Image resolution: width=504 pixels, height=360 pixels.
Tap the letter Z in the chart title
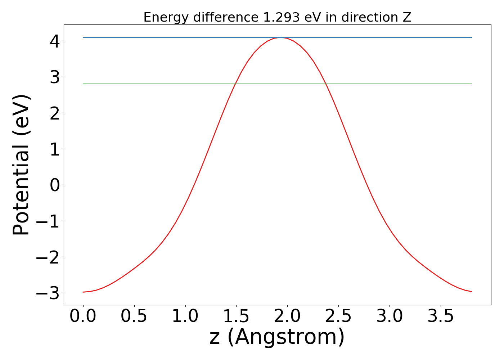coord(407,17)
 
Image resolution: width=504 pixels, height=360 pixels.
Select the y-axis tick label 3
coord(55,77)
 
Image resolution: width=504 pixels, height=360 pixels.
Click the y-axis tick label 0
coord(55,185)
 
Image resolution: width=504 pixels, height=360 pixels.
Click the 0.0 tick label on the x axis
coord(83,316)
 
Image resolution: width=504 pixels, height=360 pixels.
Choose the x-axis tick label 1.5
coord(236,316)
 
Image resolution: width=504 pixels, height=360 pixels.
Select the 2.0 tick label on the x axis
coord(287,316)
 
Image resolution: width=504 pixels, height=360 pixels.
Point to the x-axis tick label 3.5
coord(441,316)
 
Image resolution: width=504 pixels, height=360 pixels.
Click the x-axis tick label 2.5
coord(338,316)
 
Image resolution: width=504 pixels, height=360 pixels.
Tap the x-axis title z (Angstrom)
coord(277,337)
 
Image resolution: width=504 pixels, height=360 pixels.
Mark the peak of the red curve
coord(281,37)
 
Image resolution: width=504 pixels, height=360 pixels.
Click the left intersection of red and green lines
coord(235,84)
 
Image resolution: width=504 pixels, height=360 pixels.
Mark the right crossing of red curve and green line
coord(326,84)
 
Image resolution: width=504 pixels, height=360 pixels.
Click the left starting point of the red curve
coord(83,292)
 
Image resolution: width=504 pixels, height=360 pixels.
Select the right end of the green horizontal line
coord(471,84)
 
